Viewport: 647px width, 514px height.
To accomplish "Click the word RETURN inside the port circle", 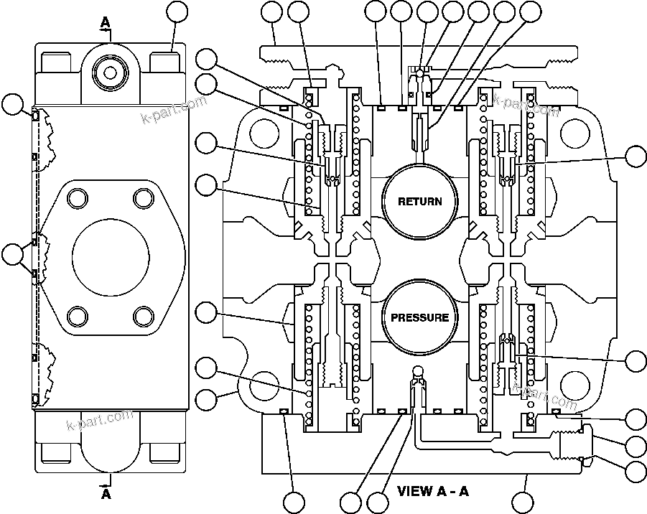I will [420, 202].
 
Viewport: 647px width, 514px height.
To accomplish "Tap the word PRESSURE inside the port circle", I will [420, 317].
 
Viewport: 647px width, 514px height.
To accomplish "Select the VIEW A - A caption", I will [433, 492].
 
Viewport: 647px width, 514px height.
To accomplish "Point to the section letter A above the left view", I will [106, 23].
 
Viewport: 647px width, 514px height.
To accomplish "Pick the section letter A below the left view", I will [106, 494].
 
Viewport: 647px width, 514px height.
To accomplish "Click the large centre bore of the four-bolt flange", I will [111, 256].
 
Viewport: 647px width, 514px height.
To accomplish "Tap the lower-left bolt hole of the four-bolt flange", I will [78, 315].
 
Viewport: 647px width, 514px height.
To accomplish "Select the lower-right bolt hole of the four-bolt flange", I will [143, 315].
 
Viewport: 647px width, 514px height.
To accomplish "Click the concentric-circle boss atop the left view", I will [109, 72].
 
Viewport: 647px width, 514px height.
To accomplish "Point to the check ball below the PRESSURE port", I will [416, 371].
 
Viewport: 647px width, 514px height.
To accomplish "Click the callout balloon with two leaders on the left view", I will [12, 253].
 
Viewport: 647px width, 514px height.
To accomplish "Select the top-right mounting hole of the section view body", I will [576, 134].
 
